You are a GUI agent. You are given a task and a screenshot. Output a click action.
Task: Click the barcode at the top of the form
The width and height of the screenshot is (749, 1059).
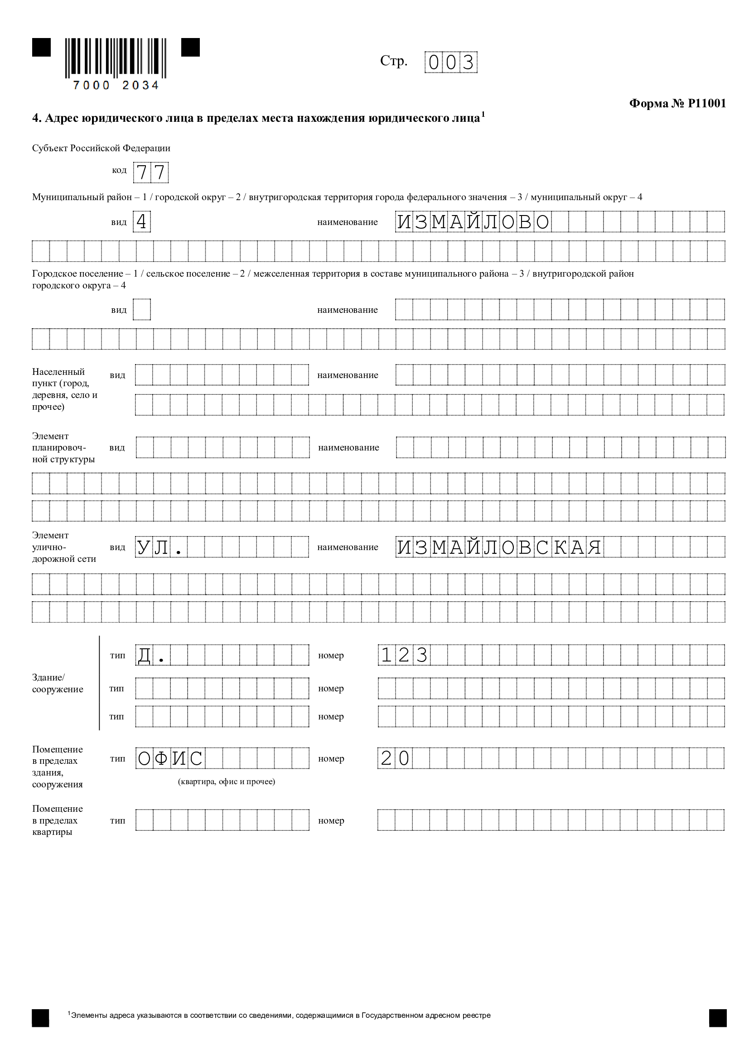[x=116, y=58]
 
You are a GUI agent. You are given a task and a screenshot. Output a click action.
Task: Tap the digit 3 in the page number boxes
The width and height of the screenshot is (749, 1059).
[x=468, y=62]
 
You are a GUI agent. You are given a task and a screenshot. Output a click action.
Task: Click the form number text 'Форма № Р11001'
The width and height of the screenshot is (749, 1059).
[x=677, y=103]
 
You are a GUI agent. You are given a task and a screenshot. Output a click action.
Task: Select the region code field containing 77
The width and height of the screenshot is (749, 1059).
[x=150, y=173]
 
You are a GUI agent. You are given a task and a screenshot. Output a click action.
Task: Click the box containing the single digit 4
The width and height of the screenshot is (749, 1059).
[x=142, y=222]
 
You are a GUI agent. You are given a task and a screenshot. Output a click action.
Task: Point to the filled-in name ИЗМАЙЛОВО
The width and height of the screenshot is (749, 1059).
[x=473, y=222]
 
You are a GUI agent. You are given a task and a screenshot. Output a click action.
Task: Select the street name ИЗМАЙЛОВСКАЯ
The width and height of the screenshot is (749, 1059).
[x=499, y=547]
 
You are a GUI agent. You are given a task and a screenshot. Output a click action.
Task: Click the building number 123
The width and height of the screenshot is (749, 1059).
[x=404, y=656]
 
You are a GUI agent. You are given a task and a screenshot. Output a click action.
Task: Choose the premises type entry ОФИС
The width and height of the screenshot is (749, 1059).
[x=170, y=758]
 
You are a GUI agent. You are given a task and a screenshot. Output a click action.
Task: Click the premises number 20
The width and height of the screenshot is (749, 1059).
[x=395, y=758]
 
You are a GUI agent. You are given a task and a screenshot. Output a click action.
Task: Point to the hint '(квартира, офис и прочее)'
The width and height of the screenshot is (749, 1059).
[x=226, y=781]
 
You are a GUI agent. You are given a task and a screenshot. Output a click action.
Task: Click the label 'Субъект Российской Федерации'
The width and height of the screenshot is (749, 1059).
[x=101, y=148]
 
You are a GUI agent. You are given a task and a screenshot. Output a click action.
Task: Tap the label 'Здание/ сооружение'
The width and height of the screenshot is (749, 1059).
[x=57, y=683]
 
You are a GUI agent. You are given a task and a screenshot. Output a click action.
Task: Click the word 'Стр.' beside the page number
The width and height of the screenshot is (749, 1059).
[x=394, y=61]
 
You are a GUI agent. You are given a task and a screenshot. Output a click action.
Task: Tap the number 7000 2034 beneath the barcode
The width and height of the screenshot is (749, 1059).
[x=116, y=85]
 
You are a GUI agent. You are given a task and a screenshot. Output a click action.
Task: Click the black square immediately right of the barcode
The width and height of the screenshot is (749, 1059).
[x=190, y=48]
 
